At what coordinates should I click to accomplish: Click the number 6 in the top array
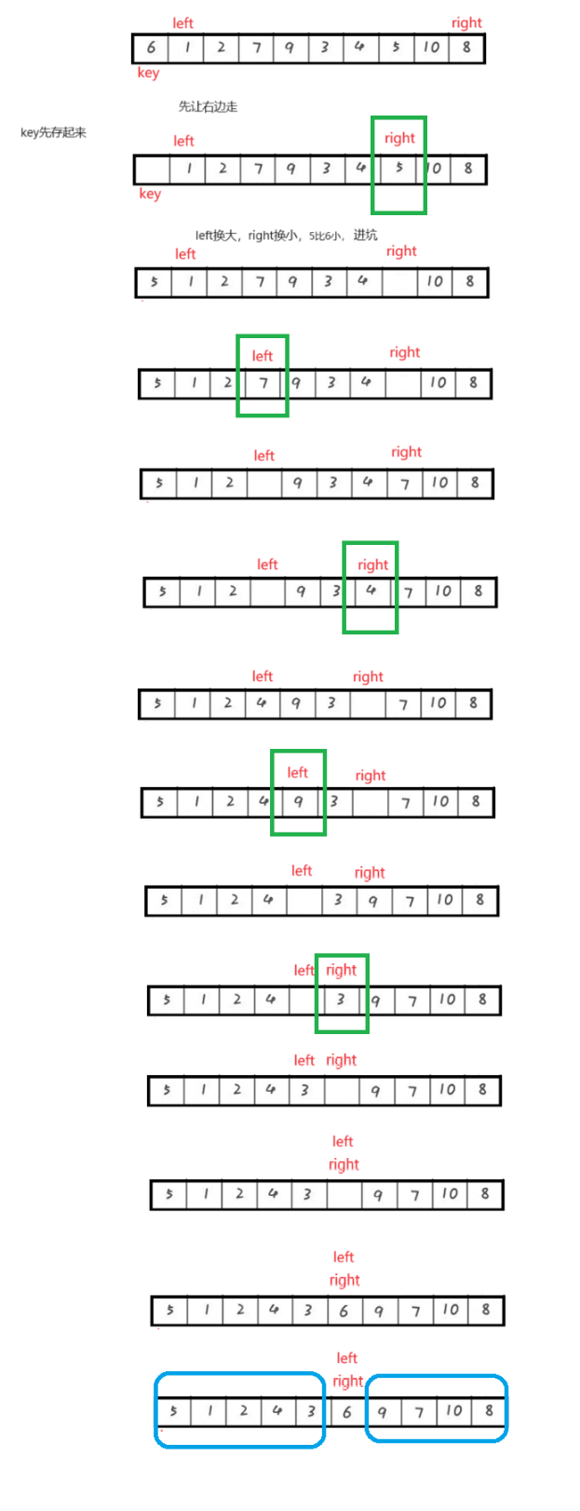[151, 48]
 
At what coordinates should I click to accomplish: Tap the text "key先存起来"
[53, 132]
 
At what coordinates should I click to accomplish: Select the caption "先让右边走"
[208, 106]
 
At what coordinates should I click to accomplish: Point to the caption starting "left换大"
[286, 236]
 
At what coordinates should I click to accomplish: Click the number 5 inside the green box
[398, 169]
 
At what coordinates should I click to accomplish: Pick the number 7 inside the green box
[263, 383]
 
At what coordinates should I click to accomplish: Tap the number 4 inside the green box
[371, 592]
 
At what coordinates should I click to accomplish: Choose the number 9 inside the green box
[298, 801]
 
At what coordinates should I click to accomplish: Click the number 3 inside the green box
[341, 1000]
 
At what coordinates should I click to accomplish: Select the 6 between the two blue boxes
[346, 1412]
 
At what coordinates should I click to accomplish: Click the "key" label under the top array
[148, 73]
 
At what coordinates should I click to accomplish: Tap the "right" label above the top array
[466, 23]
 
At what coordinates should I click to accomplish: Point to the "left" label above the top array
[183, 23]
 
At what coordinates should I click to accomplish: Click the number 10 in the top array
[431, 48]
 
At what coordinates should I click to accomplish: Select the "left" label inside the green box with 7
[263, 356]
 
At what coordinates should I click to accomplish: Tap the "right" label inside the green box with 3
[342, 970]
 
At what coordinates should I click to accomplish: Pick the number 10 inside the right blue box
[453, 1410]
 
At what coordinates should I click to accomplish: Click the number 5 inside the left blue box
[174, 1410]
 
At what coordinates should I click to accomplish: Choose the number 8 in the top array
[466, 48]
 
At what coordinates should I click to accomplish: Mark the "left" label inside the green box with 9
[297, 772]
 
